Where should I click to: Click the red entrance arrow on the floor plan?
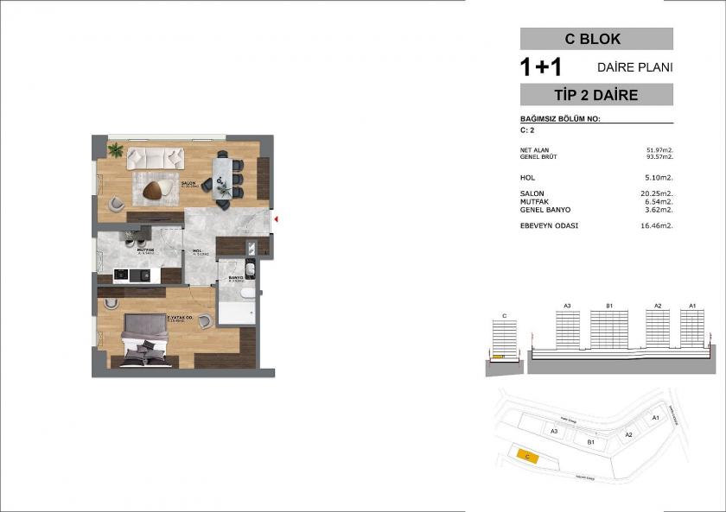point(274,219)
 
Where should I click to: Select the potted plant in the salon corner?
point(114,149)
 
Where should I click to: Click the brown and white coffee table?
point(158,190)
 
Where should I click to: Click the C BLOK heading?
point(595,39)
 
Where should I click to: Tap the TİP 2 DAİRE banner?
point(595,95)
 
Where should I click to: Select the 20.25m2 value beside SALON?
point(659,193)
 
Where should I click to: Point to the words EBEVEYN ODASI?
point(549,225)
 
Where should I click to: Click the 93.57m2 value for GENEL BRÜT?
point(659,157)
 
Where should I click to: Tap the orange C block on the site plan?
point(526,455)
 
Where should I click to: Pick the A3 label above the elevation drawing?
point(567,306)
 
